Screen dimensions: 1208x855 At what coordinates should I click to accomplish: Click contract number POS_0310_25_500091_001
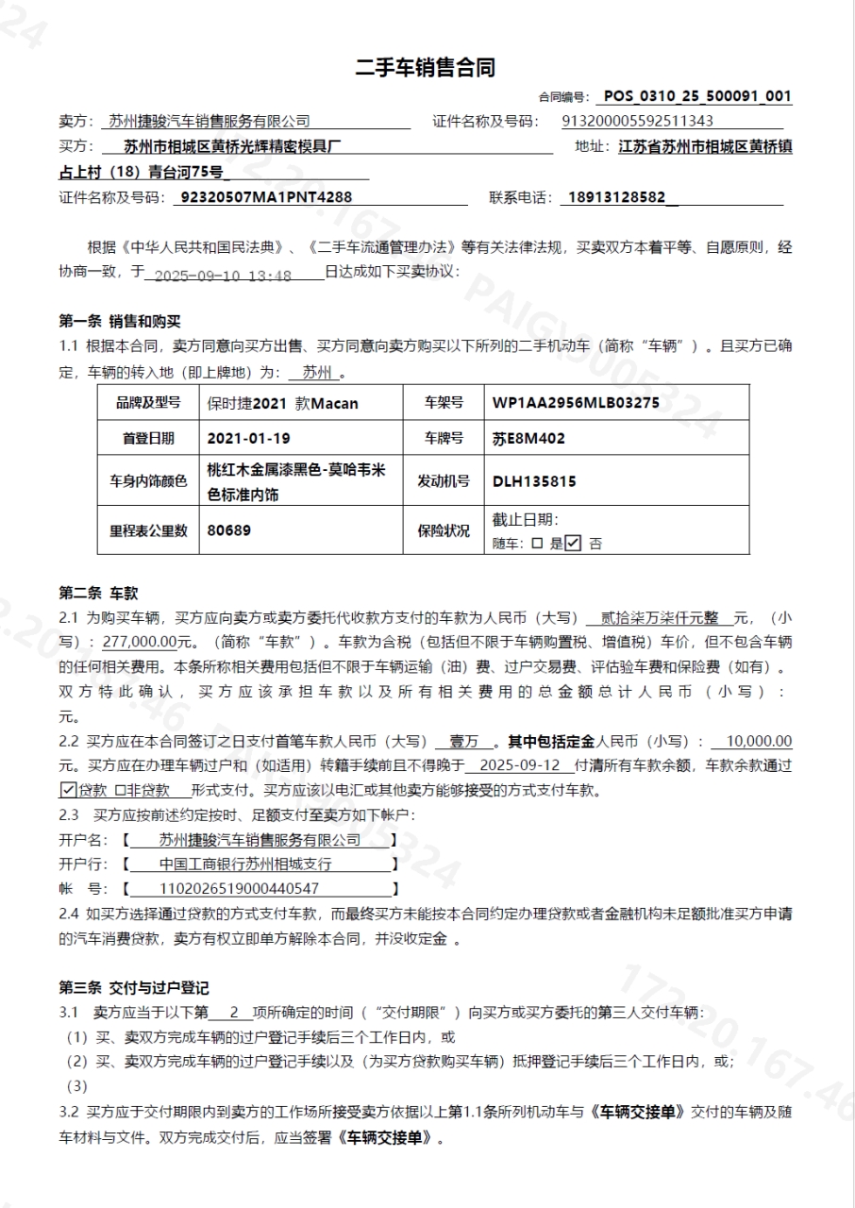(x=697, y=96)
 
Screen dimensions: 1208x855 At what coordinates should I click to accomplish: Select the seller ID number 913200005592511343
(x=637, y=121)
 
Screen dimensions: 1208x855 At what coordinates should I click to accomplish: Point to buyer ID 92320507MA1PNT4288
(x=265, y=198)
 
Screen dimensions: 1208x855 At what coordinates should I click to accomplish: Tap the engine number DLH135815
(x=534, y=481)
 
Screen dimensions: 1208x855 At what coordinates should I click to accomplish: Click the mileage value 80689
(x=229, y=530)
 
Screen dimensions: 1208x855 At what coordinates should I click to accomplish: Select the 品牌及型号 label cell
(x=148, y=403)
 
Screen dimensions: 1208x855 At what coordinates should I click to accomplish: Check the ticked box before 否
(x=573, y=543)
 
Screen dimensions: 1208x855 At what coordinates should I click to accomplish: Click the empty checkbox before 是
(x=537, y=544)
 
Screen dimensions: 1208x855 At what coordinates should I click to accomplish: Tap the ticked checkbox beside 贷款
(x=67, y=790)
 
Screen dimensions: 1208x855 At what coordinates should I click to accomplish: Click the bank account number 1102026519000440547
(x=239, y=888)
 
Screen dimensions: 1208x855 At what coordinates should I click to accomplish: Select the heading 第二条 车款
(x=98, y=593)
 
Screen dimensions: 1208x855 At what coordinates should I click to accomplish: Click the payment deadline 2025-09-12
(x=520, y=766)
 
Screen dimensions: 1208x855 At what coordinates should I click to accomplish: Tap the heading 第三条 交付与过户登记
(x=134, y=987)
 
